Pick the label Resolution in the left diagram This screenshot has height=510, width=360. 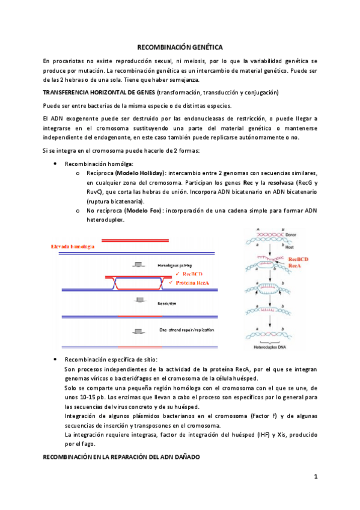168,304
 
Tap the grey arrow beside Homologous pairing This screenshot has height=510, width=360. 139,265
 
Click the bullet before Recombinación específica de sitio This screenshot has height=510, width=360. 55,359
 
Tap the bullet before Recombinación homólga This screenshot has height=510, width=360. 55,164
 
